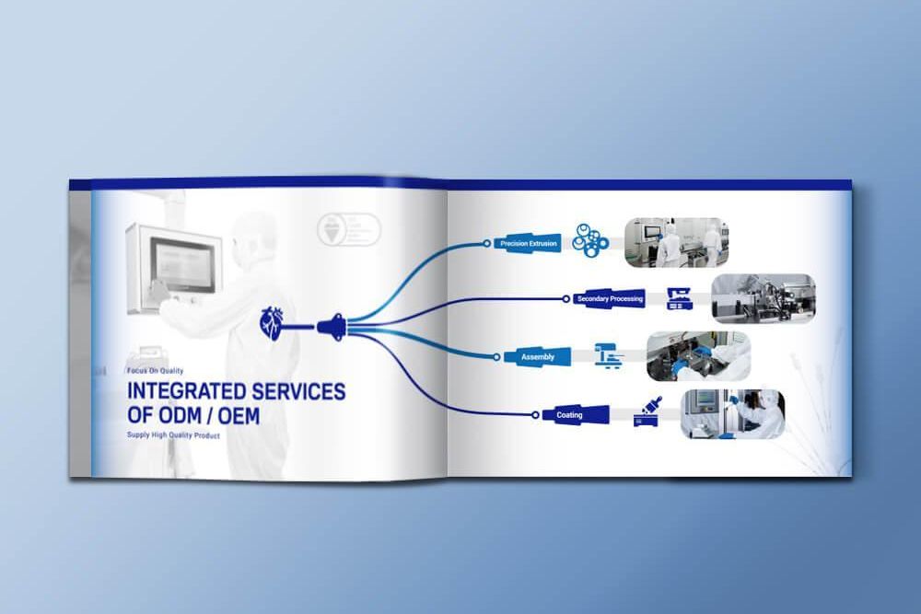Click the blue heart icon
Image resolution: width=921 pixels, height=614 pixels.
pos(274,323)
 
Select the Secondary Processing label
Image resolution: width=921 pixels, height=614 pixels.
pos(609,299)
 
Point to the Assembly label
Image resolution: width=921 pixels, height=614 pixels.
pos(537,356)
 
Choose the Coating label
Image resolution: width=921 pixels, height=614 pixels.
pos(569,415)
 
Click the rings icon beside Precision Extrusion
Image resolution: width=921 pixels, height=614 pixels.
pos(590,238)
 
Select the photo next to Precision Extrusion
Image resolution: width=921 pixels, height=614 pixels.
pos(676,242)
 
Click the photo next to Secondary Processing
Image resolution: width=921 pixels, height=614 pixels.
pos(763,298)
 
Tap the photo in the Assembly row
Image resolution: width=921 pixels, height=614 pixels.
pos(698,356)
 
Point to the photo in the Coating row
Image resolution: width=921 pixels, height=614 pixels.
pos(732,413)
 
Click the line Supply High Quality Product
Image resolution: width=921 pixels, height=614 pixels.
pos(173,435)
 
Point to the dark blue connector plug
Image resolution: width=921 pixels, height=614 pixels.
pos(332,325)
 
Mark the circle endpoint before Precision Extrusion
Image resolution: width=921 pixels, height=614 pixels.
pos(487,244)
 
